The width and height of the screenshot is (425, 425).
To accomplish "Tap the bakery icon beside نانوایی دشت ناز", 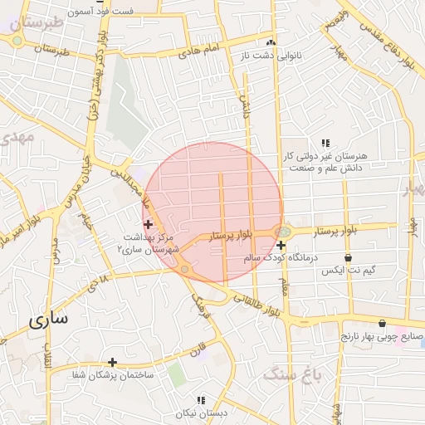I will [x=271, y=42].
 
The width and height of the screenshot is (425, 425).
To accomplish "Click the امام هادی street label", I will [x=199, y=51].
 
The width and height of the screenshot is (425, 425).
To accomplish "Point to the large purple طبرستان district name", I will [x=33, y=22].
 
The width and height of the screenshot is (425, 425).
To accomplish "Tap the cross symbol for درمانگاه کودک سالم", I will [x=281, y=245].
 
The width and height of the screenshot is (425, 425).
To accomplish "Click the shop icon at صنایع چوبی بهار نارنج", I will [x=381, y=324].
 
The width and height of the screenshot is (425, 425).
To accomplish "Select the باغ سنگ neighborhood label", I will [x=291, y=374].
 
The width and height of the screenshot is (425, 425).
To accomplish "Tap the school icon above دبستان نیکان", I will [x=200, y=400].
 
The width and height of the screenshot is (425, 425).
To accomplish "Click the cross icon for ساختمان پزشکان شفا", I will [x=112, y=362].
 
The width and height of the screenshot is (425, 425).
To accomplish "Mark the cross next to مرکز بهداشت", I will [x=148, y=224].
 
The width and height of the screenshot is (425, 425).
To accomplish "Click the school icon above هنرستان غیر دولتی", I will [x=325, y=143].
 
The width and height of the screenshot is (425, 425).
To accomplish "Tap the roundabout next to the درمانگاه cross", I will [x=283, y=232].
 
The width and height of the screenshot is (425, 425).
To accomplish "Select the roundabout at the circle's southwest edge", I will [x=183, y=268].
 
